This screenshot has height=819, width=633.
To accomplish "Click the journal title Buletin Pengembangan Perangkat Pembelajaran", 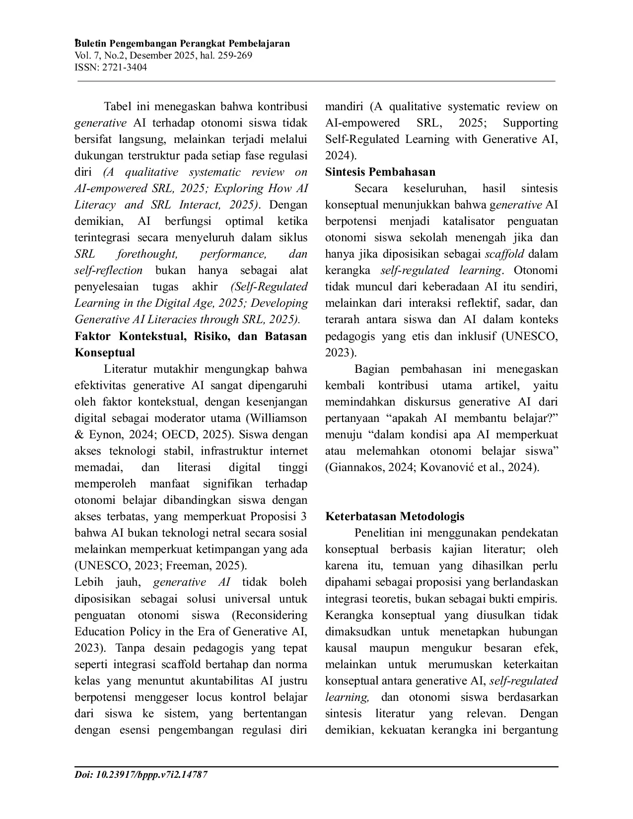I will [182, 44].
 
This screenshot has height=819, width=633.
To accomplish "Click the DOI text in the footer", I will [141, 775].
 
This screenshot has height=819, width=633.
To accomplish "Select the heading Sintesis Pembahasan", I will [380, 172].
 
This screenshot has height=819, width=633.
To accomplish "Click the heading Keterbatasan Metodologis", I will [395, 516].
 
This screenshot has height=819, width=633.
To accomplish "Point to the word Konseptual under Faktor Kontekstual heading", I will [104, 353].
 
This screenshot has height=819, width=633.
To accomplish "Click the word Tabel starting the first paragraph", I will [119, 107].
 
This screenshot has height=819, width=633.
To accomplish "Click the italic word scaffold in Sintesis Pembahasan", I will [504, 254].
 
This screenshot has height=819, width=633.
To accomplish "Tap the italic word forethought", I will [147, 254].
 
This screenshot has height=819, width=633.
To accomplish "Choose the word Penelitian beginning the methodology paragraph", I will [380, 533].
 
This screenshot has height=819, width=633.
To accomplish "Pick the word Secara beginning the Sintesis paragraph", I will [370, 189].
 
